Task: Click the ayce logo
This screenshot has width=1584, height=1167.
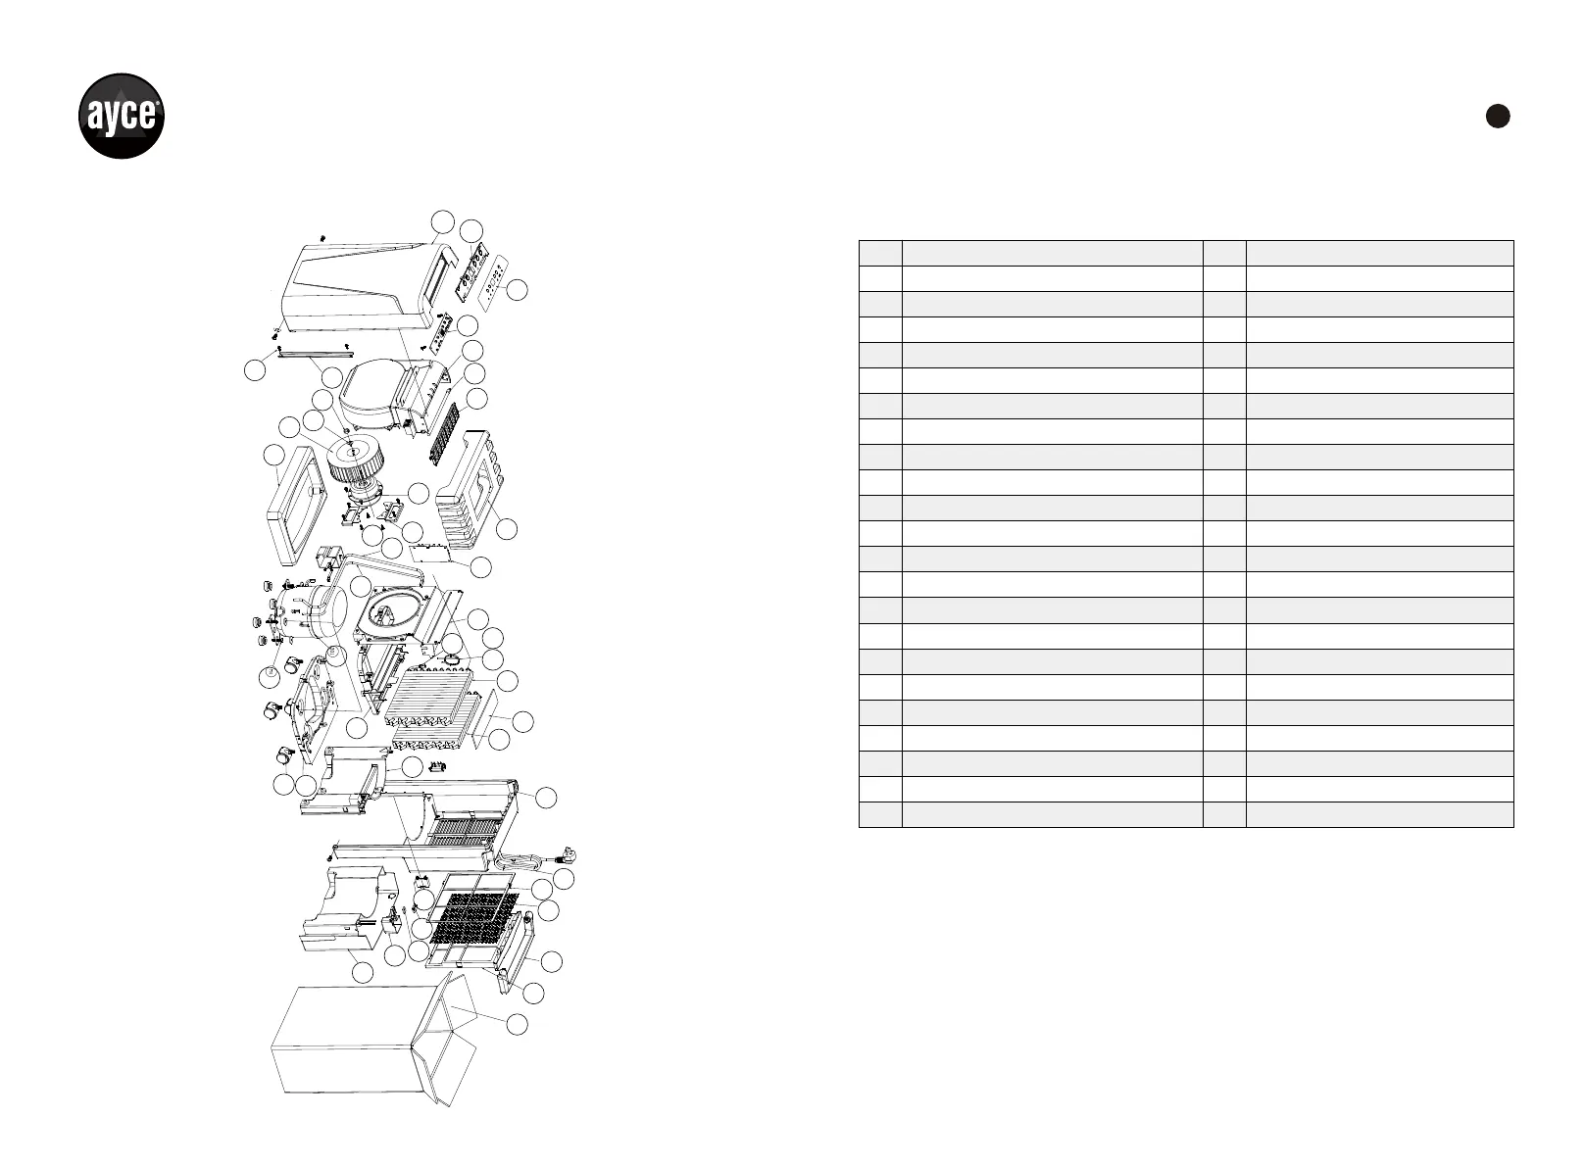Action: (x=121, y=116)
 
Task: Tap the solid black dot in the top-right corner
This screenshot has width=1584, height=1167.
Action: (x=1497, y=116)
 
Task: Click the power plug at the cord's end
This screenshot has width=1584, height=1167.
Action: (x=567, y=854)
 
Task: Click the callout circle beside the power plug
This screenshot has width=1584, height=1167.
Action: (x=564, y=879)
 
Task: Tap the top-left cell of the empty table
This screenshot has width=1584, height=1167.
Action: (x=880, y=253)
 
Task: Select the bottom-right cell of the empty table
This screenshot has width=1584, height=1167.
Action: (x=1379, y=814)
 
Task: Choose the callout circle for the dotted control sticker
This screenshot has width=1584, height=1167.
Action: (x=519, y=290)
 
